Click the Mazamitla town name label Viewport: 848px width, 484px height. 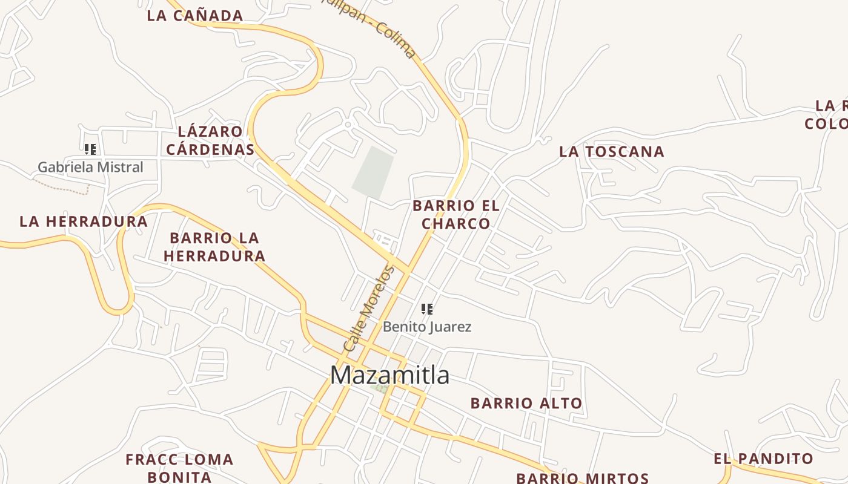pyautogui.click(x=390, y=375)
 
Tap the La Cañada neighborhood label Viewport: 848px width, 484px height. pyautogui.click(x=194, y=16)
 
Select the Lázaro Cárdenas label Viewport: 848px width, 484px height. pyautogui.click(x=210, y=140)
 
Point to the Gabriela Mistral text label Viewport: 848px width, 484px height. pyautogui.click(x=90, y=167)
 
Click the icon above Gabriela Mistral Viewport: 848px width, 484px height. pyautogui.click(x=90, y=149)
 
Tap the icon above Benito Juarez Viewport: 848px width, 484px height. pyautogui.click(x=427, y=309)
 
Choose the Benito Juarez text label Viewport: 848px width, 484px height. pyautogui.click(x=427, y=327)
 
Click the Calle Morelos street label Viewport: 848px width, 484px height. pyautogui.click(x=368, y=309)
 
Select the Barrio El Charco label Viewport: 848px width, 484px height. pyautogui.click(x=456, y=215)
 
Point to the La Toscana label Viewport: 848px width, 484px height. pyautogui.click(x=611, y=152)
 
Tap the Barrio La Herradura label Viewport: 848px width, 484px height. pyautogui.click(x=214, y=247)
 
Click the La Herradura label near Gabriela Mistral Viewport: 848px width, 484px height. pyautogui.click(x=84, y=221)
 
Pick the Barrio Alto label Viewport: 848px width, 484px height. pyautogui.click(x=526, y=403)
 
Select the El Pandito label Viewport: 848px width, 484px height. pyautogui.click(x=763, y=459)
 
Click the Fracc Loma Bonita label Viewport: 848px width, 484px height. pyautogui.click(x=179, y=468)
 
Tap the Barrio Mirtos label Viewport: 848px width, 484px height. pyautogui.click(x=583, y=478)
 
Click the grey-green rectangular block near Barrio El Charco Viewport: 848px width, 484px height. pyautogui.click(x=373, y=172)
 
